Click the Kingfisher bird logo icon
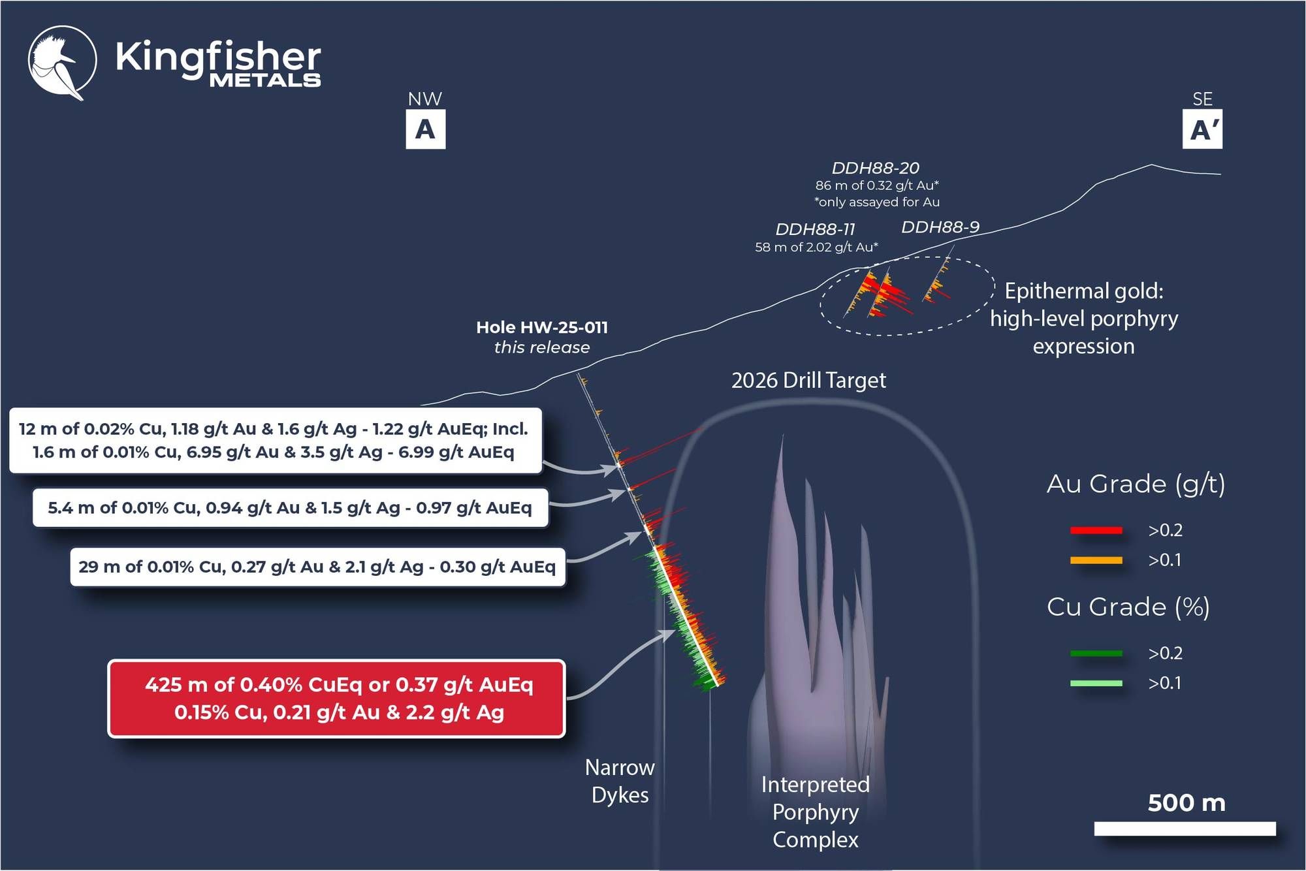[x=62, y=62]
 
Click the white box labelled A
[x=425, y=129]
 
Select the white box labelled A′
[x=1202, y=129]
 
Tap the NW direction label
[x=424, y=99]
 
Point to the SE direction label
[x=1202, y=99]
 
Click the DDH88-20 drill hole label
[x=875, y=168]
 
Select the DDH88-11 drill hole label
[x=815, y=230]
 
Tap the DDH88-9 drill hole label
[x=940, y=227]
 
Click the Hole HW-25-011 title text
[x=542, y=327]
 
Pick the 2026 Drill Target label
[x=808, y=380]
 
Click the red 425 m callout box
[x=337, y=699]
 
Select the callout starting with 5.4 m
[x=290, y=507]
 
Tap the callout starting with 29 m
[x=317, y=567]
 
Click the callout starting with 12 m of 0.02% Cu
[x=275, y=440]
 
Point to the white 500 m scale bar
[x=1185, y=829]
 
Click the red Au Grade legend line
[x=1096, y=530]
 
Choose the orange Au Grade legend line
[x=1096, y=560]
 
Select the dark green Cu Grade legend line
[x=1096, y=653]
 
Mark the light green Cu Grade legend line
[x=1096, y=683]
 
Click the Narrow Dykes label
[x=620, y=781]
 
